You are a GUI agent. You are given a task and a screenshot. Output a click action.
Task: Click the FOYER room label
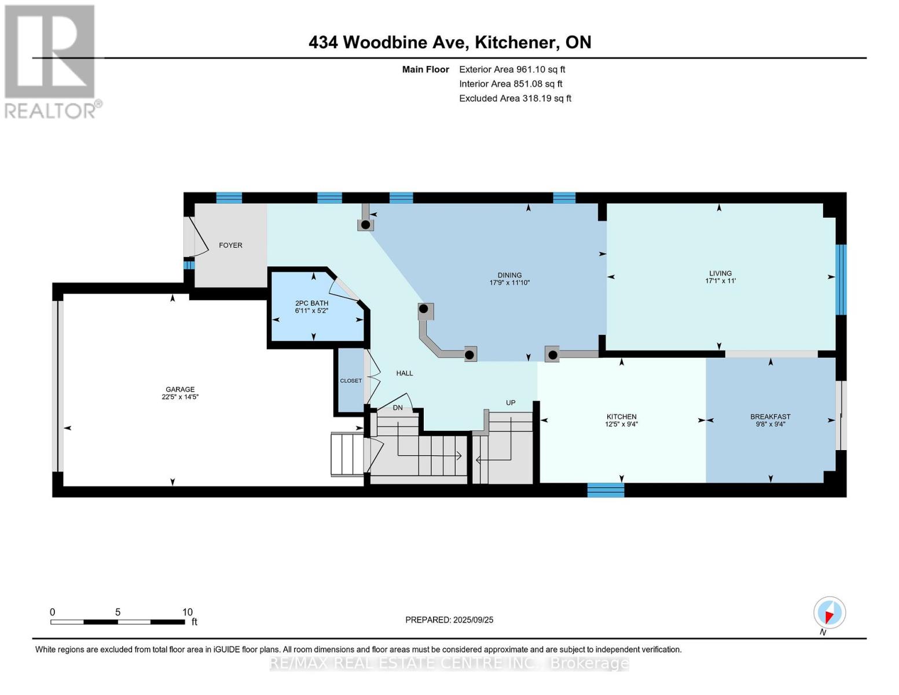pyautogui.click(x=230, y=246)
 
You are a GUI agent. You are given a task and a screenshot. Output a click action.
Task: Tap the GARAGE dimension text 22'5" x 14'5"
pyautogui.click(x=180, y=397)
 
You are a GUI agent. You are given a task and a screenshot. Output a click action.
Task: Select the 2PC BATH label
pyautogui.click(x=311, y=303)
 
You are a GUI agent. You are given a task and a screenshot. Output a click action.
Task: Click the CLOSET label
pyautogui.click(x=351, y=381)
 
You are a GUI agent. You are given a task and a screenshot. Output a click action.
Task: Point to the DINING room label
pyautogui.click(x=509, y=275)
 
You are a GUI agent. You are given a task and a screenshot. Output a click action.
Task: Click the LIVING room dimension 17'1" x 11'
pyautogui.click(x=720, y=281)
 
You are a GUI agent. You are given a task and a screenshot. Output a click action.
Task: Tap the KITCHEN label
pyautogui.click(x=621, y=416)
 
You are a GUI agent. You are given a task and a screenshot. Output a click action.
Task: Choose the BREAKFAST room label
pyautogui.click(x=770, y=416)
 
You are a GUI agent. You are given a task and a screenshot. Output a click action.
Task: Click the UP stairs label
pyautogui.click(x=511, y=403)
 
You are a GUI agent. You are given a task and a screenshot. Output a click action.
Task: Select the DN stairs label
pyautogui.click(x=398, y=408)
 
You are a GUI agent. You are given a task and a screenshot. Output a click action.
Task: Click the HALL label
pyautogui.click(x=405, y=374)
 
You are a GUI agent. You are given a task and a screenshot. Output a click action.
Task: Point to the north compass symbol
pyautogui.click(x=830, y=612)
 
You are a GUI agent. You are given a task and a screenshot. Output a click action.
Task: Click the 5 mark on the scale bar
pyautogui.click(x=118, y=612)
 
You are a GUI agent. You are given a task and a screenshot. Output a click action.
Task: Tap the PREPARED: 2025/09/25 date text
pyautogui.click(x=449, y=620)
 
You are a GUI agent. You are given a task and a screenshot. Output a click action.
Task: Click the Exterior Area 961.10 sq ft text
pyautogui.click(x=512, y=69)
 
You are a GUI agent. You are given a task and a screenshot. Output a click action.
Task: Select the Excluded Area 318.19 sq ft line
pyautogui.click(x=515, y=98)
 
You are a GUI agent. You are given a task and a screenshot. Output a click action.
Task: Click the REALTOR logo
pyautogui.click(x=51, y=61)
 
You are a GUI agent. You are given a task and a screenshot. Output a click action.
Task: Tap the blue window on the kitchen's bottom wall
pyautogui.click(x=606, y=490)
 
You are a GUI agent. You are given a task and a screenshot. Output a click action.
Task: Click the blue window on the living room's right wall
pyautogui.click(x=841, y=280)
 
